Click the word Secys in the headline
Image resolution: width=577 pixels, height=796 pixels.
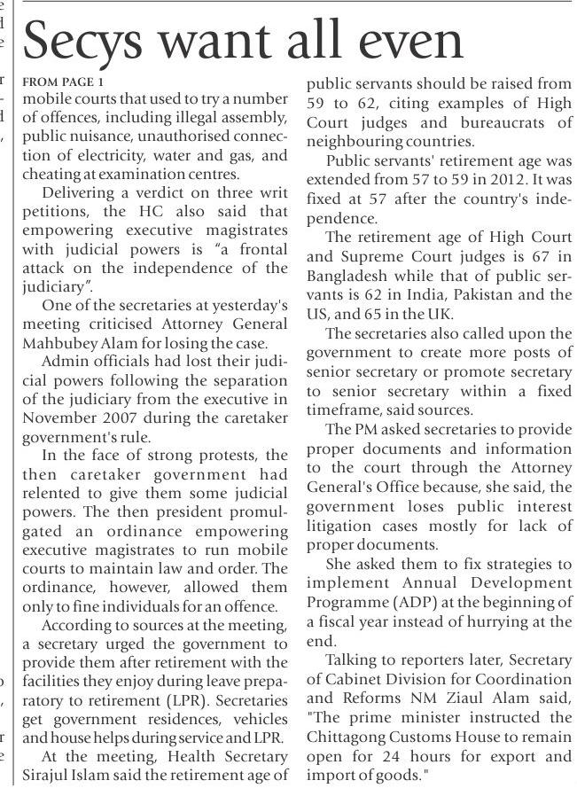(x=88, y=42)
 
